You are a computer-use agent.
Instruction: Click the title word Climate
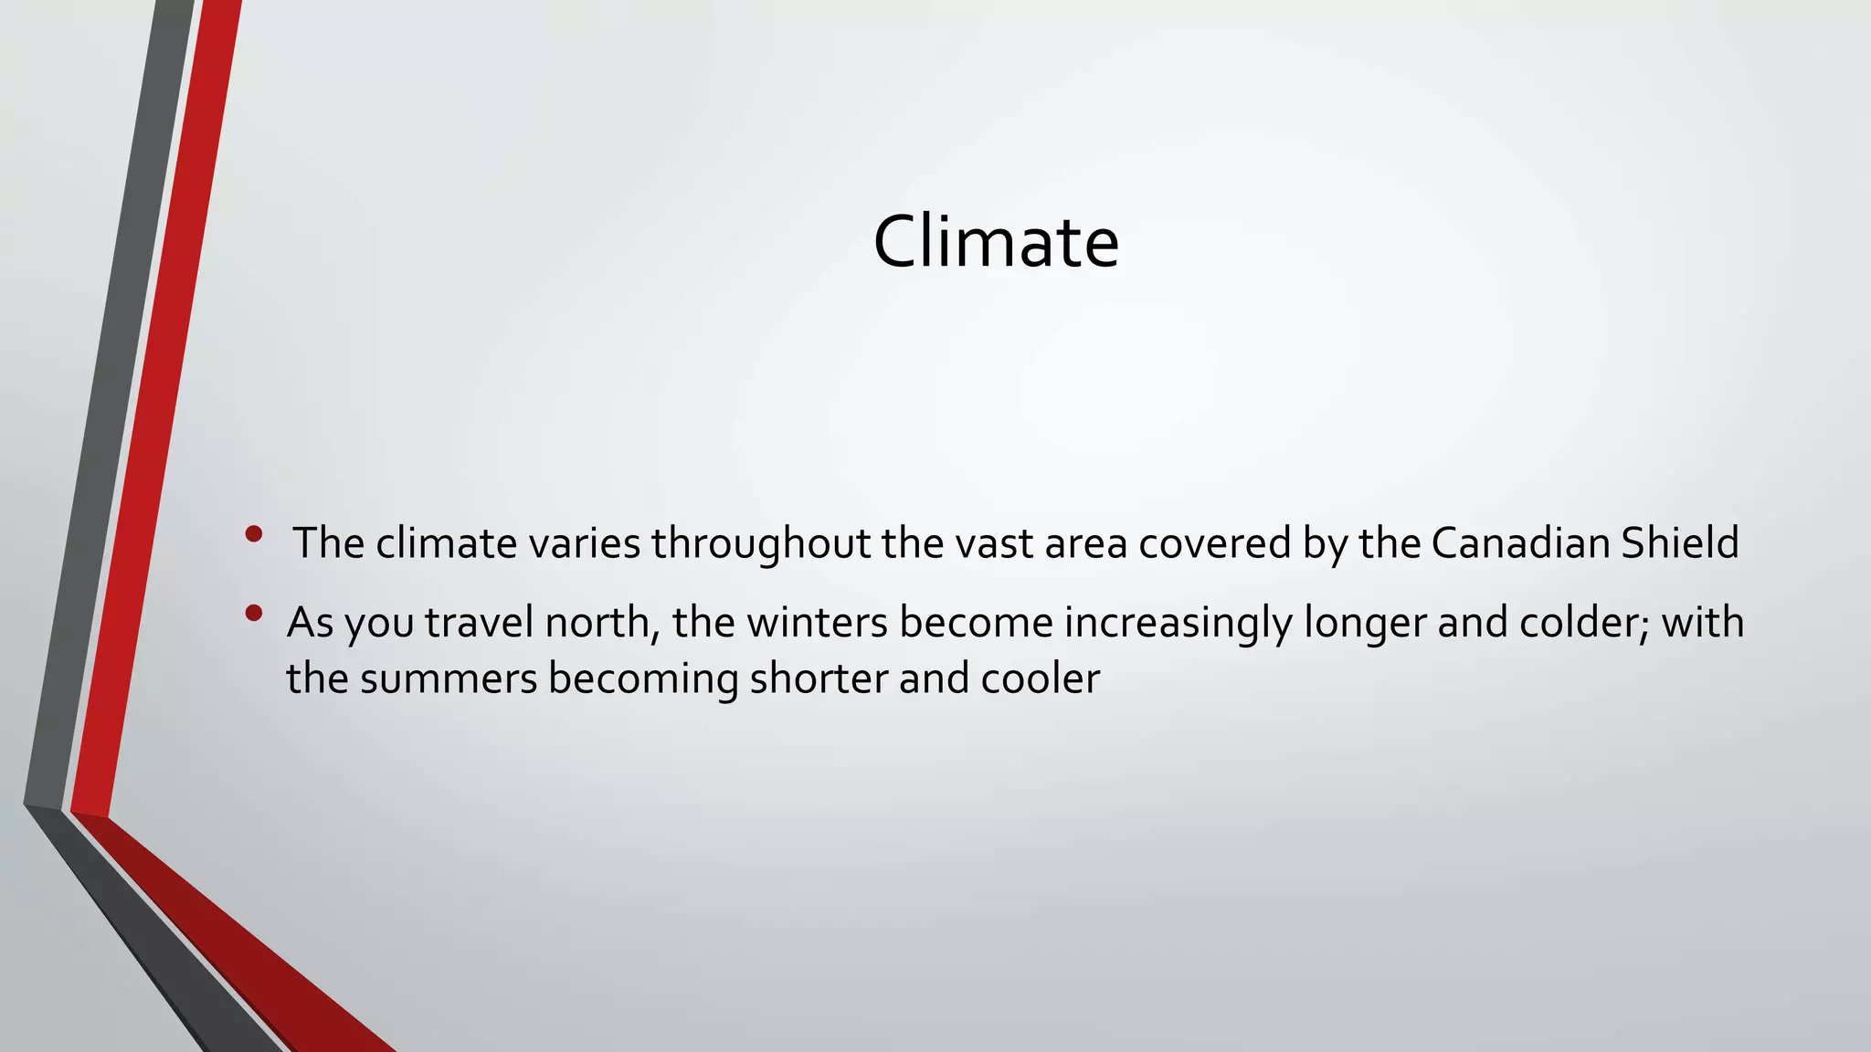click(996, 241)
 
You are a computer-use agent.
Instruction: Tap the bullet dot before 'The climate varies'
click(254, 533)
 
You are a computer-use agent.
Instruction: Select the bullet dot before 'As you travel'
click(254, 613)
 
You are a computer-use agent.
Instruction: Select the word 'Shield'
click(1679, 543)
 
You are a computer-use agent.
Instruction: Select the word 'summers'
click(449, 679)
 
